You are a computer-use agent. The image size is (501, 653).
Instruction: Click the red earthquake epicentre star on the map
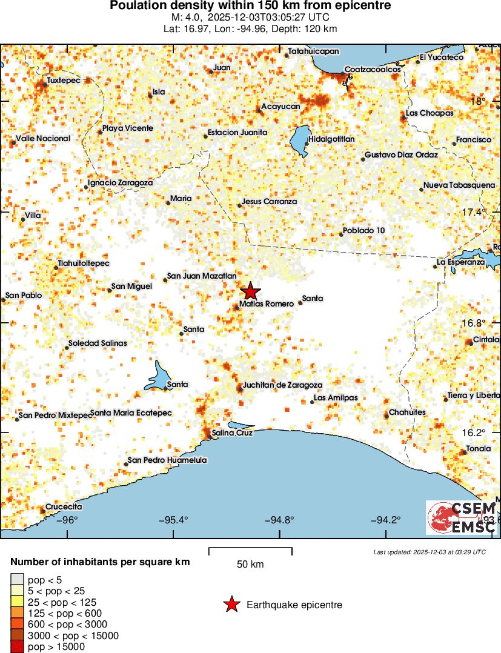tap(250, 291)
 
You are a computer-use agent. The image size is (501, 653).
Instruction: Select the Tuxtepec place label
tap(64, 80)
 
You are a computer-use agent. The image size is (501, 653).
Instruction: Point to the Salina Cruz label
tap(231, 433)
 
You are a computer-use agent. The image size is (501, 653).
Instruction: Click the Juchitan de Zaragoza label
tap(282, 385)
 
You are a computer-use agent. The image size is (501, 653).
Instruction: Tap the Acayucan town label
tap(280, 107)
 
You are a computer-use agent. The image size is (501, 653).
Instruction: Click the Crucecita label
tap(64, 506)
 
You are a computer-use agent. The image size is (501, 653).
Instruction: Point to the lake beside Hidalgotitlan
tap(300, 141)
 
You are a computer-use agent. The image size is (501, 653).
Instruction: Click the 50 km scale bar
tap(250, 551)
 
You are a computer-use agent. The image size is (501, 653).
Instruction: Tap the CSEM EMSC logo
tap(461, 518)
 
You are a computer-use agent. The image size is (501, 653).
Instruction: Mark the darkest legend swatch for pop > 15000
tap(17, 647)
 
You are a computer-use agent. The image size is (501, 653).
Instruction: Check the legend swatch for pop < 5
tap(17, 580)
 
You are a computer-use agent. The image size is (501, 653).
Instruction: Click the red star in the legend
tap(231, 605)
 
